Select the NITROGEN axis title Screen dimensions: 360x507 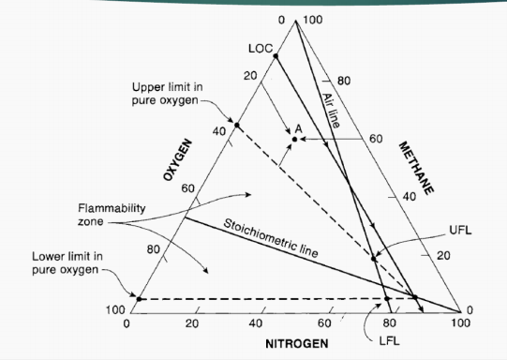(297, 344)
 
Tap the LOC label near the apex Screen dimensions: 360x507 (260, 48)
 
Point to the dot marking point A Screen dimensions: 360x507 (294, 139)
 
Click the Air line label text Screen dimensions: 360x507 (332, 111)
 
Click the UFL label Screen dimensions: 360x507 (460, 230)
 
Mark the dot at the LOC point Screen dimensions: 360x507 (276, 56)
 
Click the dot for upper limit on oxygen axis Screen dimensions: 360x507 (236, 125)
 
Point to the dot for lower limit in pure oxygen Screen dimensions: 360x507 (137, 299)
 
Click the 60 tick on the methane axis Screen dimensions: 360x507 (376, 139)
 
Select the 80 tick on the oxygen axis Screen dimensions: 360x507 (152, 250)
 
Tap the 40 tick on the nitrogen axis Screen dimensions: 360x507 (258, 322)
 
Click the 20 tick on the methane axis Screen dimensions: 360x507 (443, 255)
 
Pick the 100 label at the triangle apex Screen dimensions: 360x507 (312, 20)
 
